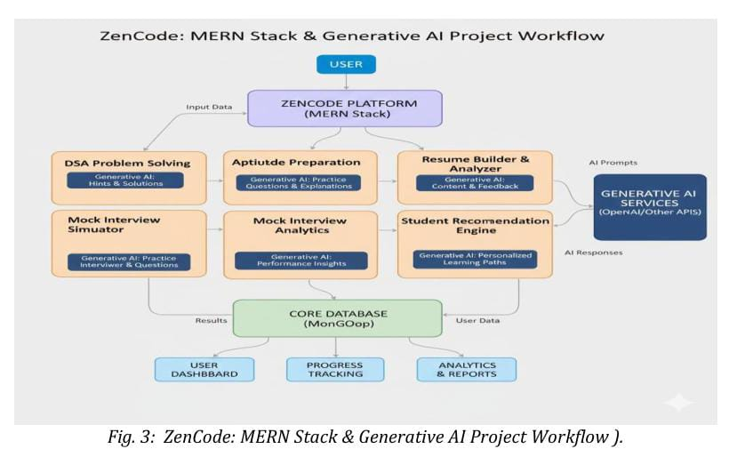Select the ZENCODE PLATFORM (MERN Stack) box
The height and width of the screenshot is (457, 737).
click(345, 108)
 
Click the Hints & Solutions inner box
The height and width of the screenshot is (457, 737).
click(126, 180)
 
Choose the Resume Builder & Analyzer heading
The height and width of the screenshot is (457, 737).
click(475, 163)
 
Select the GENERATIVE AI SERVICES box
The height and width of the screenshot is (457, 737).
click(649, 205)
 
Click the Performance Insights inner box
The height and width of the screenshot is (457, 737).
click(295, 261)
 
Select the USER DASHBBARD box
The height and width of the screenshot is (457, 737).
click(203, 369)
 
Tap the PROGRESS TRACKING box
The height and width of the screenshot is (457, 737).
click(334, 369)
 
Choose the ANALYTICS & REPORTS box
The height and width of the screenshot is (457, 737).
click(467, 369)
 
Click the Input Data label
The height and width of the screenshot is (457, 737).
click(209, 108)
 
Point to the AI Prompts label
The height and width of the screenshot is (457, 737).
click(613, 163)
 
